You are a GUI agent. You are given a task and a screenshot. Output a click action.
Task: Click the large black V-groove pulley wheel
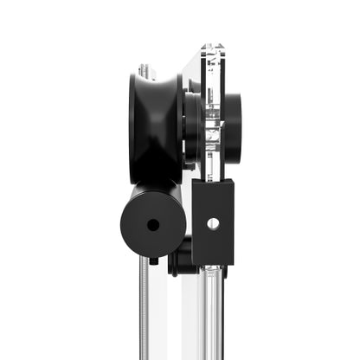click(x=156, y=125)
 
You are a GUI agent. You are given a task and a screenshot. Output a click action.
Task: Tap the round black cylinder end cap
click(x=153, y=223)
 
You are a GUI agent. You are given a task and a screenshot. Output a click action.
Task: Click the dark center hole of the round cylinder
click(x=153, y=225)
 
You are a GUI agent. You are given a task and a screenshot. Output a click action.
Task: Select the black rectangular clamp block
click(x=213, y=224)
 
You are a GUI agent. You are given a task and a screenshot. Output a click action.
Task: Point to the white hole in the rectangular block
click(x=213, y=223)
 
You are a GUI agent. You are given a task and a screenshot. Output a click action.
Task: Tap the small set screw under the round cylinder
click(x=153, y=260)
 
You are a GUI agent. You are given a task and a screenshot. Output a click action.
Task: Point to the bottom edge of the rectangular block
click(x=213, y=265)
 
